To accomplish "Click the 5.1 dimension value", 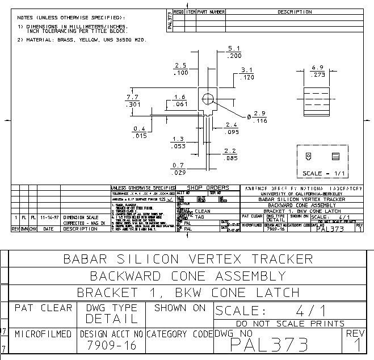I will tap(234, 48).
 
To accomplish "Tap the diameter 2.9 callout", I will tap(259, 114).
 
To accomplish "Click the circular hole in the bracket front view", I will tap(207, 97).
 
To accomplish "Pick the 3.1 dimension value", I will tap(247, 70).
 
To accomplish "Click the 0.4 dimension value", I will tap(139, 128).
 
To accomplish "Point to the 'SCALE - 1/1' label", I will tap(323, 173).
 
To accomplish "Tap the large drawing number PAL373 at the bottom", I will tap(269, 345).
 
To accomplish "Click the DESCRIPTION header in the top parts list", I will tap(295, 12).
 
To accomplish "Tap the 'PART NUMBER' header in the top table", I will tap(211, 12).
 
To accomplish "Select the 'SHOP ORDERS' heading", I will tap(208, 188).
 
